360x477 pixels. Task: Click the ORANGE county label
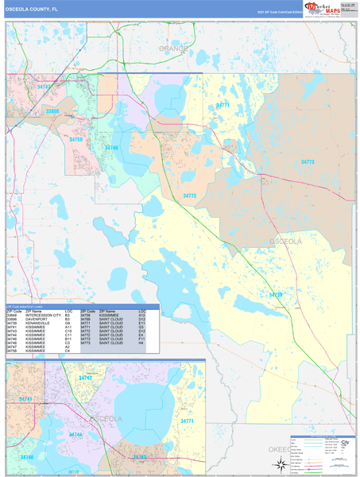coord(173,48)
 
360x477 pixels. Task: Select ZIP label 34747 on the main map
coord(45,87)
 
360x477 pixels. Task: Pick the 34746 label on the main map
coord(111,147)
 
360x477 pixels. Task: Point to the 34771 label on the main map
coord(223,104)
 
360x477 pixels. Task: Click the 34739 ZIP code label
coord(276,295)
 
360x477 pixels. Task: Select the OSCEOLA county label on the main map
coord(286,240)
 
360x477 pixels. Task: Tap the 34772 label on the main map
coord(190,195)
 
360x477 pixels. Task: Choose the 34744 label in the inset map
coord(76,435)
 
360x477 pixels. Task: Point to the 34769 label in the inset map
coord(140,457)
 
